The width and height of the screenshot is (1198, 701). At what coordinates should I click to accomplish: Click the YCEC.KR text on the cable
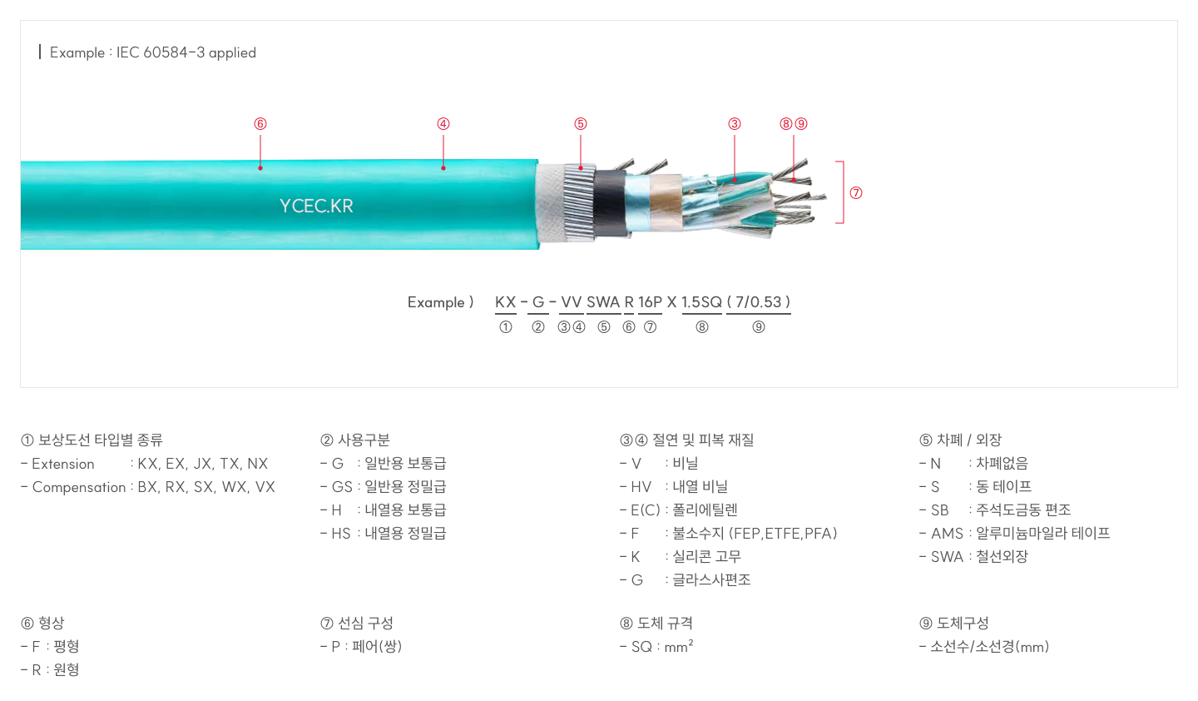tap(316, 206)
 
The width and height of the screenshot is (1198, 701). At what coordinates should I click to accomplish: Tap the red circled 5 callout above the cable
tap(581, 124)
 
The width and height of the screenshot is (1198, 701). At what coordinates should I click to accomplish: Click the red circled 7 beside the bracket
tap(856, 193)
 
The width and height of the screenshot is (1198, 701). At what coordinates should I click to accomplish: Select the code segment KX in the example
tap(505, 302)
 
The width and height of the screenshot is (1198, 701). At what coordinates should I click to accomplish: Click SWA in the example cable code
tap(603, 302)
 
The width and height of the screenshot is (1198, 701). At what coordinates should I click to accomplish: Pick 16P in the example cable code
tap(650, 302)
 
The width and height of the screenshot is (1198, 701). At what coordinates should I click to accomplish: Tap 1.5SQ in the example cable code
tap(701, 302)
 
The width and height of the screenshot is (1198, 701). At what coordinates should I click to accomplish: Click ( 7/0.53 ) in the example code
tap(758, 302)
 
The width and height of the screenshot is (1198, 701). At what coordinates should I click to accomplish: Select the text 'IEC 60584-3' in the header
tap(161, 52)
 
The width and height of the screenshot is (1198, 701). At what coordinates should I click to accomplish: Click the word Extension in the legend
tap(63, 464)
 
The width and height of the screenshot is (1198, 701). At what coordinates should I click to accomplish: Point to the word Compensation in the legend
tap(79, 487)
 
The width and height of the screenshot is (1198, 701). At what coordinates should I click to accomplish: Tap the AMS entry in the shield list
tap(946, 534)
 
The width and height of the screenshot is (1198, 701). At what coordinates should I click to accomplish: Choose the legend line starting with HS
tap(383, 534)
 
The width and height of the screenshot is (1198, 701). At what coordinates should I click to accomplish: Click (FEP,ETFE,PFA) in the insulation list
tap(783, 534)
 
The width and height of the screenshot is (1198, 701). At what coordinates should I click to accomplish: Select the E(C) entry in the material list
tap(646, 510)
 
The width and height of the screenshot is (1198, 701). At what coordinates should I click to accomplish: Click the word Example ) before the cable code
tap(440, 302)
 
